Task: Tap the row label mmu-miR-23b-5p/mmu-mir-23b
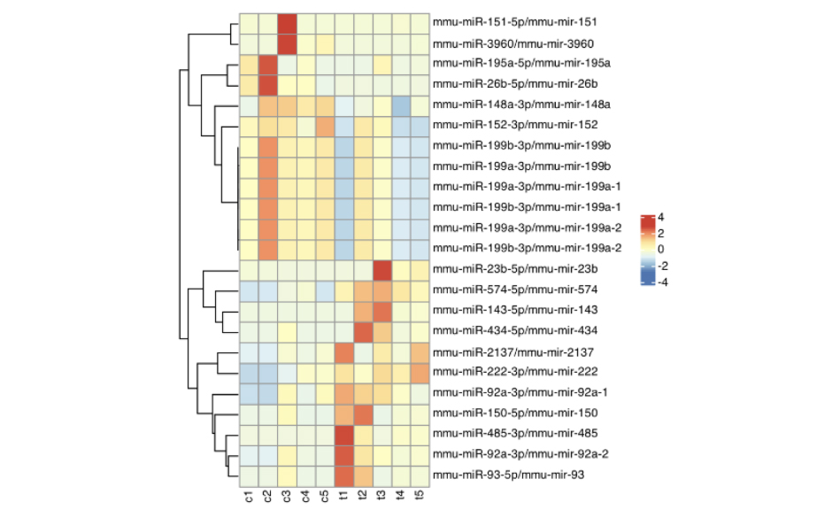501,269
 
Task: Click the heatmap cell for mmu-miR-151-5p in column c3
287,22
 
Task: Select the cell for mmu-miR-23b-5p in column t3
382,269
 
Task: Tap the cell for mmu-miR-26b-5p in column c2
267,84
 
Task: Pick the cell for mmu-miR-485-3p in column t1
344,434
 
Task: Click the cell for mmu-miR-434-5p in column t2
363,331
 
